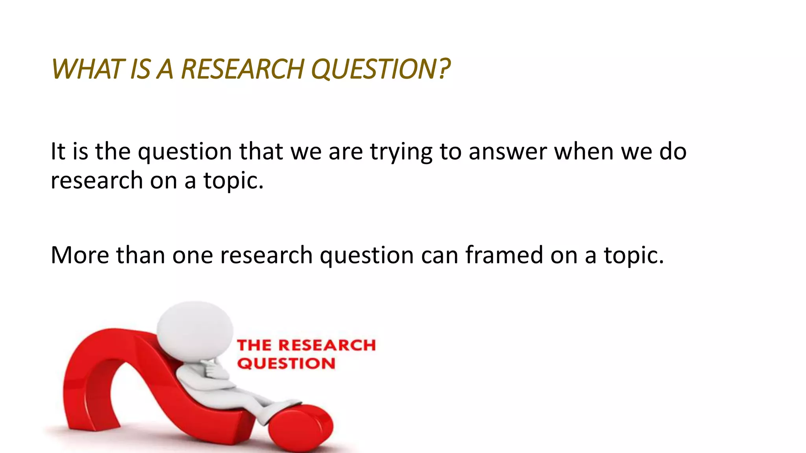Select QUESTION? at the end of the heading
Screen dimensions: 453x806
click(x=380, y=69)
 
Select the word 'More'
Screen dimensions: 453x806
click(x=80, y=255)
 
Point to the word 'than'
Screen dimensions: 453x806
click(x=140, y=255)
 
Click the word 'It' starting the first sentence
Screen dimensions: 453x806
click(x=58, y=152)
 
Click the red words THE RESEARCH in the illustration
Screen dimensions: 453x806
click(x=306, y=345)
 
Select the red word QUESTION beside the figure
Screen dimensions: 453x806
click(x=286, y=363)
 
